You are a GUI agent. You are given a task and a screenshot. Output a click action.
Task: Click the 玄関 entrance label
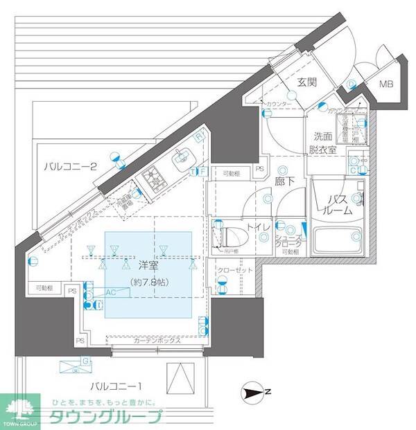(x=307, y=82)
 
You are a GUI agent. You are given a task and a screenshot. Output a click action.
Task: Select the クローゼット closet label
(x=234, y=270)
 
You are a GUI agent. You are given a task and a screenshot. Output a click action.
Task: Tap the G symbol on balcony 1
(x=85, y=361)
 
